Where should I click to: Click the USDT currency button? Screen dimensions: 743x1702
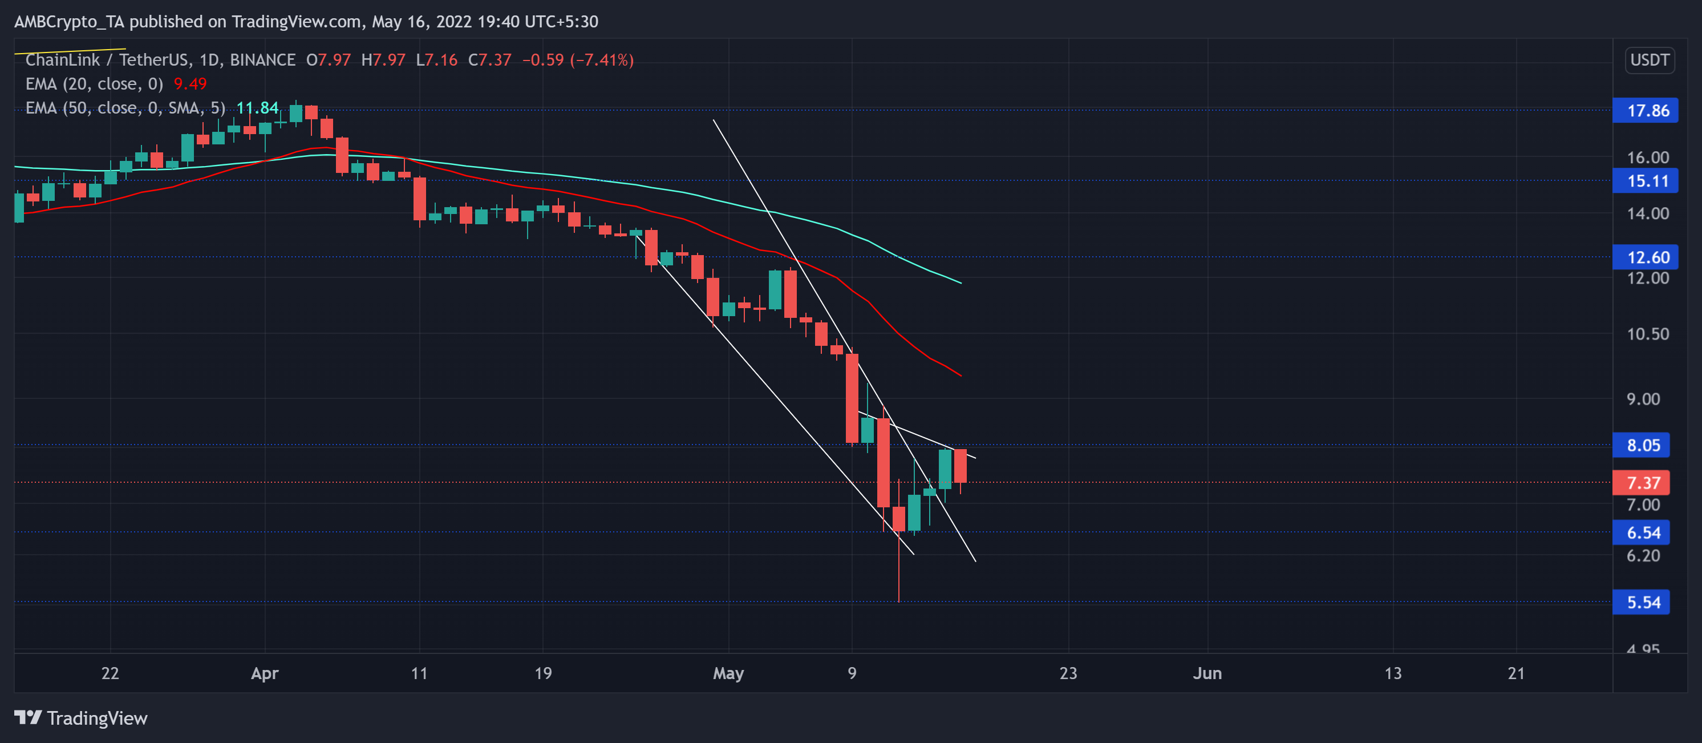(x=1649, y=60)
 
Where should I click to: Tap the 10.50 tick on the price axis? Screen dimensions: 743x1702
(x=1647, y=334)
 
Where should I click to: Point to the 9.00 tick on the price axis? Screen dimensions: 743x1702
(x=1643, y=398)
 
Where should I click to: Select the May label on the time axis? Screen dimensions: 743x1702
(x=728, y=673)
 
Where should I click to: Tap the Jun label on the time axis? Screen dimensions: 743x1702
(x=1207, y=673)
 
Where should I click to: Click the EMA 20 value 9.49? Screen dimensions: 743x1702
(x=189, y=84)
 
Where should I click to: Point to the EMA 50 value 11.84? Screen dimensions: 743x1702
(x=257, y=108)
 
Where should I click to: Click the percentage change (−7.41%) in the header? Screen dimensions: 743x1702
(x=602, y=60)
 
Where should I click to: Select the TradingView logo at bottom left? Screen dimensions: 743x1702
(x=80, y=718)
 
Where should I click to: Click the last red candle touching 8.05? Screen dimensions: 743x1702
(x=960, y=466)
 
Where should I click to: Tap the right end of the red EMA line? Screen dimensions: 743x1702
(x=960, y=375)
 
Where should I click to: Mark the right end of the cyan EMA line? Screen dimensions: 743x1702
(x=960, y=282)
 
